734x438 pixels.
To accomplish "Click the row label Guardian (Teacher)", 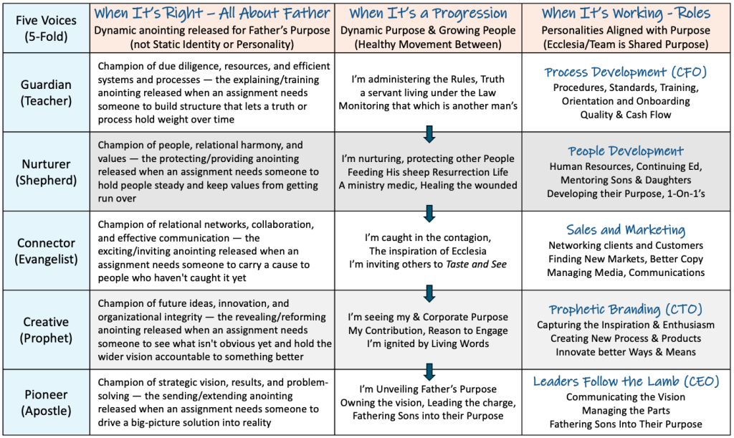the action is pos(46,92).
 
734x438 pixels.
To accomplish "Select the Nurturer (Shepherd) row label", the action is pos(46,172).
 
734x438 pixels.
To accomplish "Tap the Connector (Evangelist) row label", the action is pos(46,251).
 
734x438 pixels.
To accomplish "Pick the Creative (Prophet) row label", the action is pos(46,330).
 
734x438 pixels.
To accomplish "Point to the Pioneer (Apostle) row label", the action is pos(46,402).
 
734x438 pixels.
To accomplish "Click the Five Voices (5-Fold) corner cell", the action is pos(46,28).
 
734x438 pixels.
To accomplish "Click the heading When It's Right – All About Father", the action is pos(212,13).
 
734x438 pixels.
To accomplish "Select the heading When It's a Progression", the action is pos(428,13).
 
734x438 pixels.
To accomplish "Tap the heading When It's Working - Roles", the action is pos(626,13).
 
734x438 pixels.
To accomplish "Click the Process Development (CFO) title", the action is pos(625,72).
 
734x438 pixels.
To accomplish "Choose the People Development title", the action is pos(625,151).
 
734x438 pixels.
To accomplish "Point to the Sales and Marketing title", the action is pos(625,230).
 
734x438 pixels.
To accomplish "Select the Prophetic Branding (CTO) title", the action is pos(625,309).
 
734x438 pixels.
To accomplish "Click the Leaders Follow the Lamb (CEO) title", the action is pos(626,381).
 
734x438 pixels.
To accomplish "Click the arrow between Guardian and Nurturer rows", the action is pos(429,134).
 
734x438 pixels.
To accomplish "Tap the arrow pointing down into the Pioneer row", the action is pos(429,371).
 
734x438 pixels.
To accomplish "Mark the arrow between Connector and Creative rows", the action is pos(429,293).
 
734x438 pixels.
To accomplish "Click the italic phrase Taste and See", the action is pos(476,265).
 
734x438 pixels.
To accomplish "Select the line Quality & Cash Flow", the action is pos(625,115).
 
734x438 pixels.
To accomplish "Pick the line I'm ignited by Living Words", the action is pos(428,343).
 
